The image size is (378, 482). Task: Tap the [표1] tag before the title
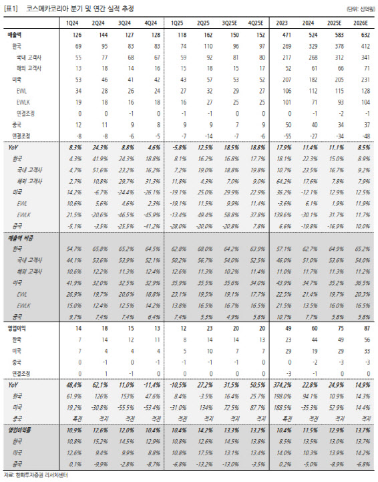12,8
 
